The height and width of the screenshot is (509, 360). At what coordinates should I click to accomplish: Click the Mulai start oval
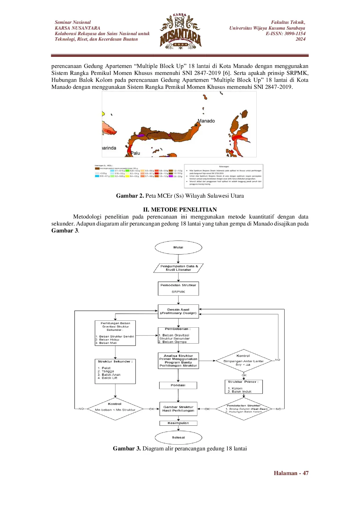178,248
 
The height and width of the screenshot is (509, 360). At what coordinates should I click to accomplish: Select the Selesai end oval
178,437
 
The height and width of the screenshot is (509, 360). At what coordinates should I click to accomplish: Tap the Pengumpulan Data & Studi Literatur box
178,268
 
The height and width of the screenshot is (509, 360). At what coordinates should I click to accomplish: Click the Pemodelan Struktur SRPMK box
178,288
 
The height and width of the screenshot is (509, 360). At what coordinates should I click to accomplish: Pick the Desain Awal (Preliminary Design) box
178,311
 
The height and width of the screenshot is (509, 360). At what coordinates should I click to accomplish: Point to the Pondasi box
178,385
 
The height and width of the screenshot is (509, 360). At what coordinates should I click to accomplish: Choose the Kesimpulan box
178,423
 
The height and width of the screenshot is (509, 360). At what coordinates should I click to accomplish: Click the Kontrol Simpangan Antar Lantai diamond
243,361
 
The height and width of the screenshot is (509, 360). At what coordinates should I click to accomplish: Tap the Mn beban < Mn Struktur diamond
115,409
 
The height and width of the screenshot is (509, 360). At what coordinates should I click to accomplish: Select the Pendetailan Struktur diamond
244,409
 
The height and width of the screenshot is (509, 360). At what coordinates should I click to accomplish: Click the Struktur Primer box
243,387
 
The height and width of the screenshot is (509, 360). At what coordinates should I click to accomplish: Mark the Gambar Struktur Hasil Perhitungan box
178,409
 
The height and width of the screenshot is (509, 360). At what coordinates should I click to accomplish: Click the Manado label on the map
206,121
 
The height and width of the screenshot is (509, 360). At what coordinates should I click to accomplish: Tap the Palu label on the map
135,153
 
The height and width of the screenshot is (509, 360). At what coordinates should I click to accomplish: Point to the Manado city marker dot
196,125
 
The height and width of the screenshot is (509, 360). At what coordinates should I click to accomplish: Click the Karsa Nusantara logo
181,31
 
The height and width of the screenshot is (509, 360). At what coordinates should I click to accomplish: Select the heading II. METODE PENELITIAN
180,210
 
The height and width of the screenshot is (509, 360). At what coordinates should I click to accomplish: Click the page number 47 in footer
305,473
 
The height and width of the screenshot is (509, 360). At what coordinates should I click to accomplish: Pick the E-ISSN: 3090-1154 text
285,34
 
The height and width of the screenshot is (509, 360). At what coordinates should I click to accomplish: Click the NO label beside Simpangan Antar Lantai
278,360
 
